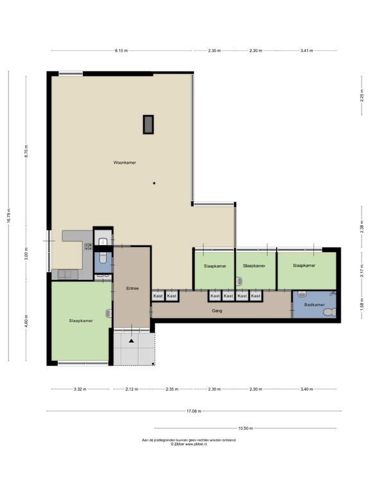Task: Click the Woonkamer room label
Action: [125, 163]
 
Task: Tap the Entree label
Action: [132, 288]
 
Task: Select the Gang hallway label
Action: [216, 311]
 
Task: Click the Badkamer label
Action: [314, 305]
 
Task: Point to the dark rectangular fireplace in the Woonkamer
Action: [148, 124]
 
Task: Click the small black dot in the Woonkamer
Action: [154, 183]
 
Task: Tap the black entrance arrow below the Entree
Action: [131, 340]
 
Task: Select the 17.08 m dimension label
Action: [194, 411]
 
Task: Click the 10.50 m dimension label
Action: [245, 428]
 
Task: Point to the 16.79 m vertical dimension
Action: [9, 216]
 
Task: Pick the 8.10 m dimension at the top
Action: [121, 50]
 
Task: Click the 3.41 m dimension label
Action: [306, 50]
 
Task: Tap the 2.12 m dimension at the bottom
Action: [132, 389]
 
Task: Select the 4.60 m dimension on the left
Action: [26, 321]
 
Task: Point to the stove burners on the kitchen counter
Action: [88, 246]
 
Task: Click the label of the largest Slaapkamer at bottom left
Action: [81, 321]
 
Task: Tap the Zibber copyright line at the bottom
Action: [189, 444]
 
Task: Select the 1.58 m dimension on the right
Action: [362, 305]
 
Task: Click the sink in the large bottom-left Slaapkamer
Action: [109, 313]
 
